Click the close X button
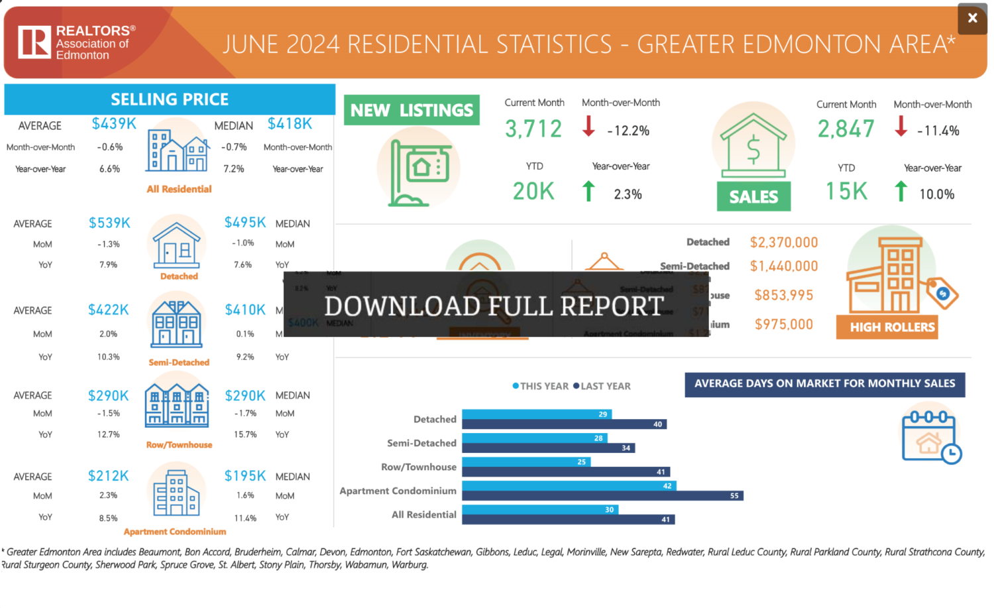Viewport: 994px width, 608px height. tap(972, 19)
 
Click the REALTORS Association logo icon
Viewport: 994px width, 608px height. tap(34, 42)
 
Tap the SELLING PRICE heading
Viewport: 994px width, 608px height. tap(170, 99)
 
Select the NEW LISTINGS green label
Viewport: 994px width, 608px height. tap(412, 110)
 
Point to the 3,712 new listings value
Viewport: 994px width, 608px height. tap(533, 129)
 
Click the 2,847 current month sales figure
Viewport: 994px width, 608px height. tap(846, 129)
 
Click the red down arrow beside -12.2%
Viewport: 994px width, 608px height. tap(588, 126)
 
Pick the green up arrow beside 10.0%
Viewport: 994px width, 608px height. tap(901, 191)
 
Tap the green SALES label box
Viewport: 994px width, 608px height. tap(753, 197)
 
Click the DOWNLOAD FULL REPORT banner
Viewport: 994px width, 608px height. tap(495, 306)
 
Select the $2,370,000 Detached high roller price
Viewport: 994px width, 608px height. tap(784, 243)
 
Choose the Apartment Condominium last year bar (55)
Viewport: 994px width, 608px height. tap(602, 496)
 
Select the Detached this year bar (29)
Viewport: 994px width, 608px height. tap(537, 414)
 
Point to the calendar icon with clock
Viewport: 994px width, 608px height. tap(930, 436)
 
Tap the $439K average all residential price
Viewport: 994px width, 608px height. tap(114, 124)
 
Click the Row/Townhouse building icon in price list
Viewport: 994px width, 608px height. tap(177, 404)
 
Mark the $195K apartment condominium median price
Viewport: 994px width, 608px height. tap(245, 476)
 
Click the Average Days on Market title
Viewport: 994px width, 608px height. tap(824, 384)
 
